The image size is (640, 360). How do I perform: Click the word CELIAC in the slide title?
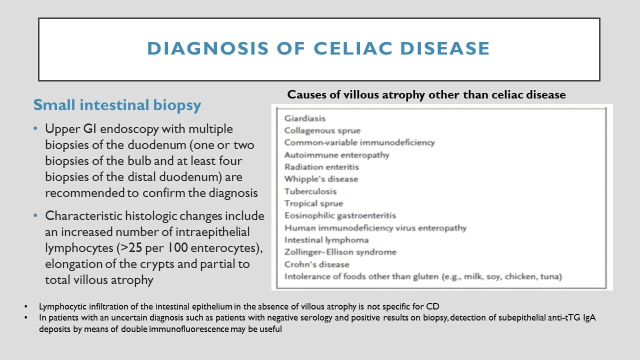tap(353, 48)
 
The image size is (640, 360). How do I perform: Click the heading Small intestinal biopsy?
tap(117, 105)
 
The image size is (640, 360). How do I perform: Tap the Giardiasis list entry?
tap(305, 118)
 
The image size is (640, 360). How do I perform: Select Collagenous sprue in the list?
tap(322, 130)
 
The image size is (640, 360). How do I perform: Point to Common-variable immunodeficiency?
tap(359, 142)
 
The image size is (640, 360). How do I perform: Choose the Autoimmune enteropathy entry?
tap(337, 155)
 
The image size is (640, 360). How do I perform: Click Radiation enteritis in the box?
tap(321, 167)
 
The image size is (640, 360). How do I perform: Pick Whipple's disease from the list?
tap(321, 179)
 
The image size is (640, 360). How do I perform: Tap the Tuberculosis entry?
tap(310, 191)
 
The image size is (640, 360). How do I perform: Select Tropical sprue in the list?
tap(313, 203)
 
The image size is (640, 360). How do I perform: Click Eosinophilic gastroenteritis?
tap(340, 215)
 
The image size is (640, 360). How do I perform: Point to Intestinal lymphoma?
tap(326, 240)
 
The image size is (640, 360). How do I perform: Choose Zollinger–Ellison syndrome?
tap(340, 252)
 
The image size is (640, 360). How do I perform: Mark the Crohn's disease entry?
tap(316, 264)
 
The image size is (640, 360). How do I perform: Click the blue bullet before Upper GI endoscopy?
tap(35, 129)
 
